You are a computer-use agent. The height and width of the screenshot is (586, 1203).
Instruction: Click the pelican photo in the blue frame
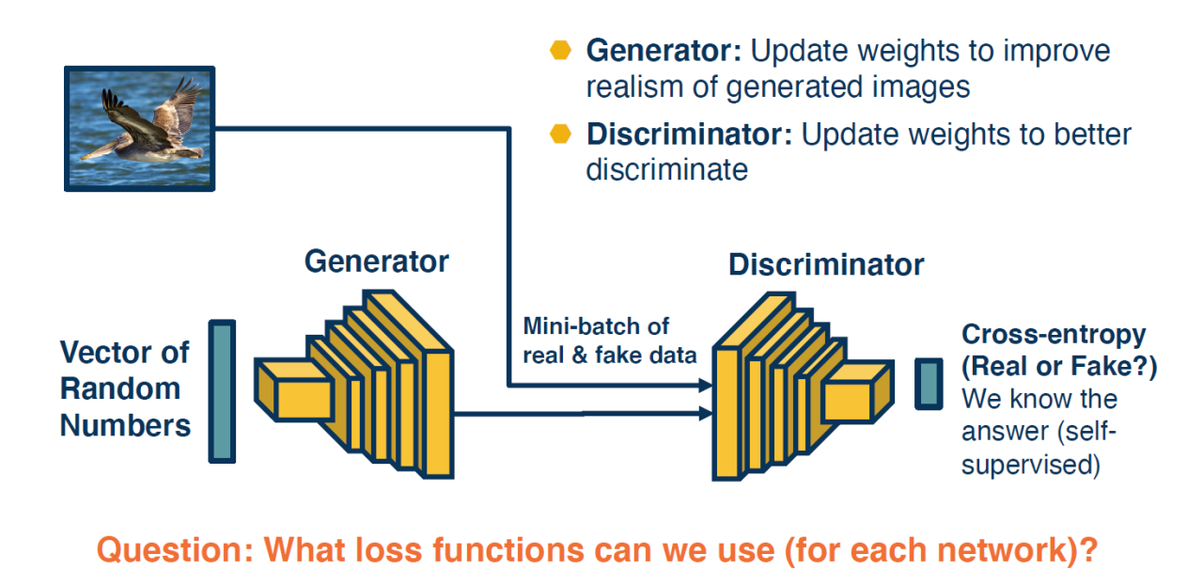tap(139, 128)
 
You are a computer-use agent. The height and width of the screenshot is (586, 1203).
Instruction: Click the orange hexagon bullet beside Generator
tap(560, 51)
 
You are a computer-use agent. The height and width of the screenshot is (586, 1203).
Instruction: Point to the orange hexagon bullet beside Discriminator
tap(560, 134)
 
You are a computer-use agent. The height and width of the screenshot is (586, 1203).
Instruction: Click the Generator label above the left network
tap(377, 261)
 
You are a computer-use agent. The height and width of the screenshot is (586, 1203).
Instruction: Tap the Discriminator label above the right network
tap(826, 264)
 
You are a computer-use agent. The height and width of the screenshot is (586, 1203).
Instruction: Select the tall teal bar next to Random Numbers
tap(222, 391)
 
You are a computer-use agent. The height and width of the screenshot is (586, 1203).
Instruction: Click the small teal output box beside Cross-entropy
tap(929, 384)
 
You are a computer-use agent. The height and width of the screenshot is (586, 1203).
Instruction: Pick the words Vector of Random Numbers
tap(125, 388)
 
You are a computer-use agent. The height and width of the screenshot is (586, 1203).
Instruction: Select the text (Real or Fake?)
tap(1058, 367)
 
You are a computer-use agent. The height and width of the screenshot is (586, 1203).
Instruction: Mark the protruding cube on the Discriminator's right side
tap(854, 392)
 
